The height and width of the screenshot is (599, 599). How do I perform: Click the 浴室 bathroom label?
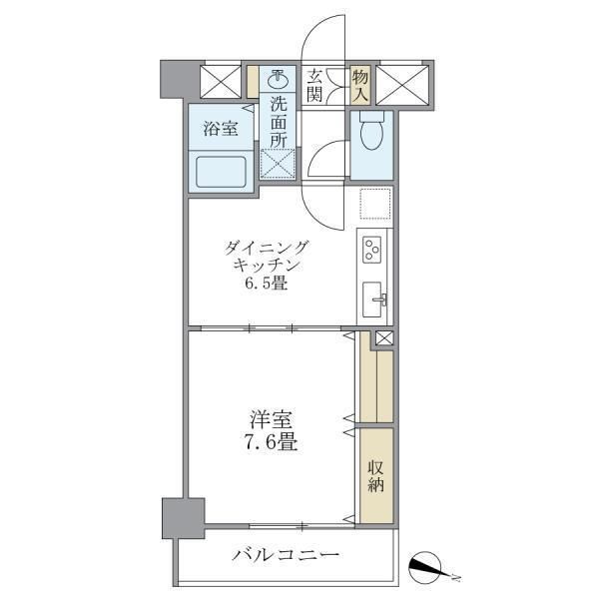tap(221, 129)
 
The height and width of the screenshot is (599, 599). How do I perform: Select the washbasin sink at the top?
tap(280, 79)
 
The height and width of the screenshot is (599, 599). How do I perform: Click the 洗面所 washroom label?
tap(279, 121)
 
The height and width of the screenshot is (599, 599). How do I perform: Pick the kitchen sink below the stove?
tap(374, 298)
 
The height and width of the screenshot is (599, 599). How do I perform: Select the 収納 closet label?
tap(376, 477)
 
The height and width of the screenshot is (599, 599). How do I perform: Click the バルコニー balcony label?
tap(287, 555)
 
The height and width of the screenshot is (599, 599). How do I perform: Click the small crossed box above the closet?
tap(384, 338)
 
